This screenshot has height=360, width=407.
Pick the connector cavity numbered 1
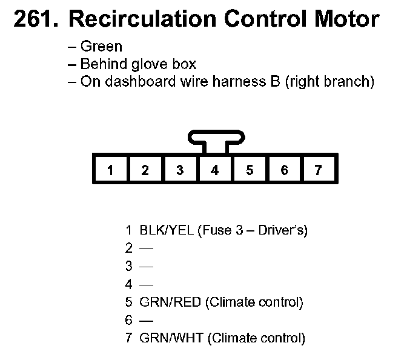[x=110, y=170]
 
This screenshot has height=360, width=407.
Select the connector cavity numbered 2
[x=145, y=170]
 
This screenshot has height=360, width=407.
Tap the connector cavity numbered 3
[x=180, y=170]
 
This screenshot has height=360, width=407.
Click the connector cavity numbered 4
[x=214, y=170]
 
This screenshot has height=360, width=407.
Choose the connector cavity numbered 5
[x=250, y=170]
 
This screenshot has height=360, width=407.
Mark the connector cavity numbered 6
[x=284, y=170]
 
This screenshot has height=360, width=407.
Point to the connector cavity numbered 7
[x=319, y=170]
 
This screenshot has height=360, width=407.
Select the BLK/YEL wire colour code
[x=167, y=230]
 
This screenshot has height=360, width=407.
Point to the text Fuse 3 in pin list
[x=221, y=230]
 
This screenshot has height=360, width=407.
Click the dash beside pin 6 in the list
[x=147, y=320]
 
